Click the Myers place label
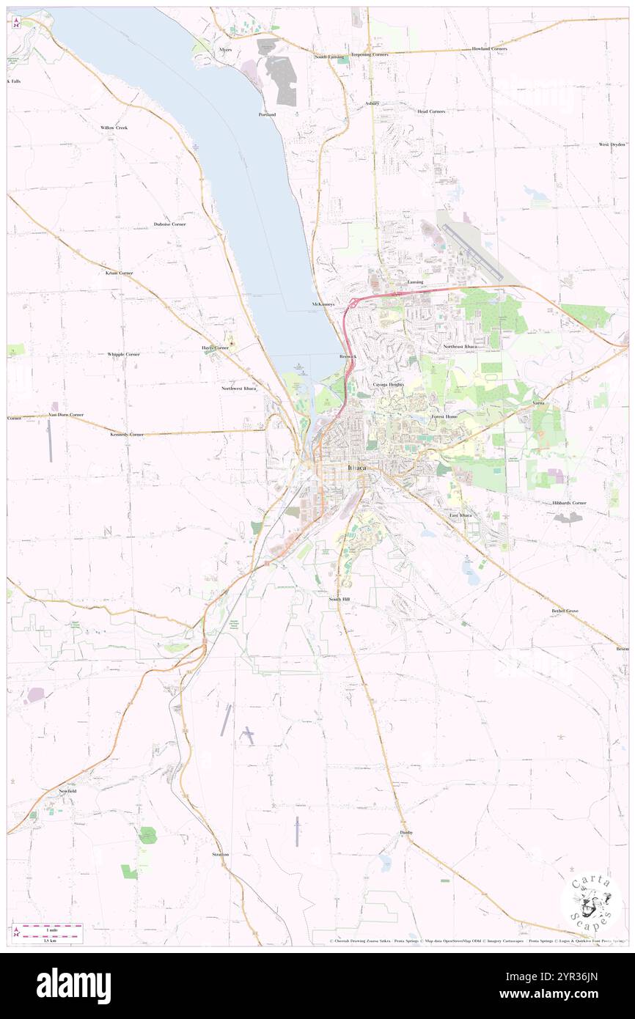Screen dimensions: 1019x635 tap(224, 49)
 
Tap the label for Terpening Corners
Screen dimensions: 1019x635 tap(369, 55)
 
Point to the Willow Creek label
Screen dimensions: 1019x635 tap(114, 128)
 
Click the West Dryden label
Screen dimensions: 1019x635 tap(612, 144)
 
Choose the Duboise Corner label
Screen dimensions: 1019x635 tap(169, 224)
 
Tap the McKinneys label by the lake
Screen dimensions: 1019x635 tap(323, 304)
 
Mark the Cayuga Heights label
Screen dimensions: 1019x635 tap(388, 384)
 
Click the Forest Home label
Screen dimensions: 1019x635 tap(444, 416)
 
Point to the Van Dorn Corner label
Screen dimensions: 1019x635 tap(66, 414)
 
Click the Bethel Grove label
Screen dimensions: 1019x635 tap(565, 610)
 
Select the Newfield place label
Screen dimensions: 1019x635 tap(67, 792)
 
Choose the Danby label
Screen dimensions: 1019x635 tap(406, 832)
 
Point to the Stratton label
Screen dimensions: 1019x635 tap(221, 854)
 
